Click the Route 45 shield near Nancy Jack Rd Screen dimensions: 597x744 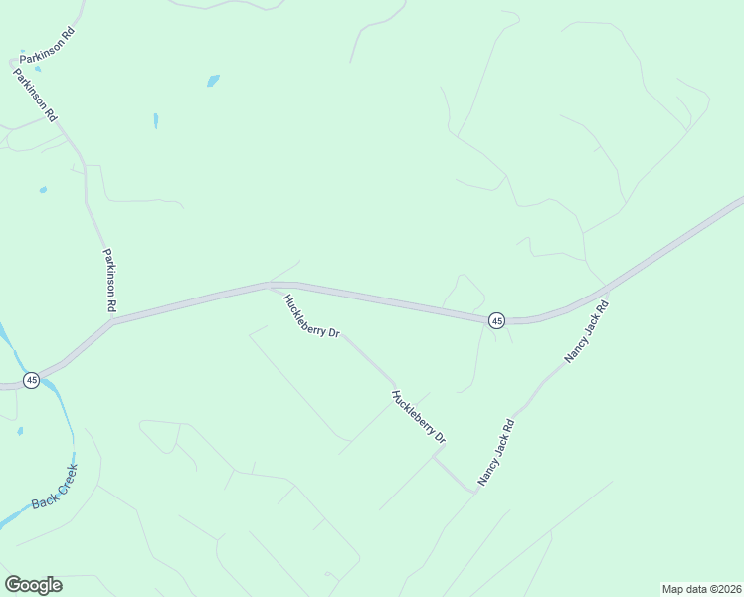tap(496, 320)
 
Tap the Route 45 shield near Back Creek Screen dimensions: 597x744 tap(32, 380)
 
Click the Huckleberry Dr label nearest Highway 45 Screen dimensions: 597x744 tap(311, 316)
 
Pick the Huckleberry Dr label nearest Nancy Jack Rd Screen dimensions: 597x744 tap(419, 417)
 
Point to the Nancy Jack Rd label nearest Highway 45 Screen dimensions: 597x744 tap(587, 331)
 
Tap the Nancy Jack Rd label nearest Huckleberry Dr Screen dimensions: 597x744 tap(495, 451)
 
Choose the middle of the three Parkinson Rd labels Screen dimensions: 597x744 tap(35, 95)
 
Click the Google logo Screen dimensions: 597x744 tap(33, 584)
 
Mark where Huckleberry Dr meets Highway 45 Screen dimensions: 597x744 tap(272, 286)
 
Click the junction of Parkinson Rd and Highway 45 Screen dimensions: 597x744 tap(112, 321)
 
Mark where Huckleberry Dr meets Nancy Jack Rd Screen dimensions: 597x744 tap(475, 492)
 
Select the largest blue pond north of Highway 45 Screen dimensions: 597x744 tap(213, 81)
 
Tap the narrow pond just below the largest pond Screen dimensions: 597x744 tap(156, 120)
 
